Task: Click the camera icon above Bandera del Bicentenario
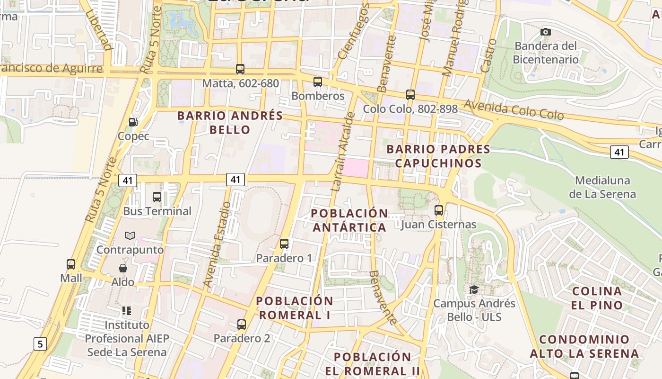[x=546, y=32]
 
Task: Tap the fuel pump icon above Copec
[x=133, y=122]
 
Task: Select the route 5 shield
[x=40, y=343]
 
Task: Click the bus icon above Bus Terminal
[x=157, y=197]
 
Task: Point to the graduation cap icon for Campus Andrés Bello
[x=474, y=289]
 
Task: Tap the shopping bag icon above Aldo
[x=123, y=268]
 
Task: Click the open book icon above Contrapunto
[x=130, y=235]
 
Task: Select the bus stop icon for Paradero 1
[x=284, y=244]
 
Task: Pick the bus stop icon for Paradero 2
[x=242, y=325]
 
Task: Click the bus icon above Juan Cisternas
[x=439, y=210]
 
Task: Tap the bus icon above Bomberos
[x=318, y=82]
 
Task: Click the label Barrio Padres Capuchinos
[x=438, y=156]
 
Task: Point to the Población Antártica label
[x=349, y=220]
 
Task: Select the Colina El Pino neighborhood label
[x=596, y=298]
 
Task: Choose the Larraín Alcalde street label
[x=342, y=152]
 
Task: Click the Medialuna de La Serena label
[x=602, y=187]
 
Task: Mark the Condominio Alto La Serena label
[x=584, y=346]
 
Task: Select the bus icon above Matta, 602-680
[x=240, y=69]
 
